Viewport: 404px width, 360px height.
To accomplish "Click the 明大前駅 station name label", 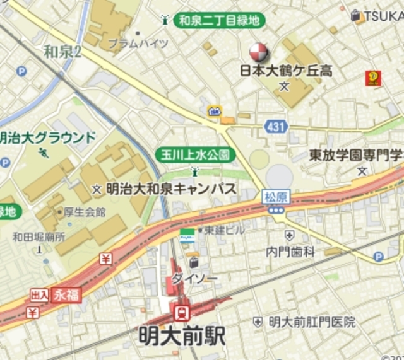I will pos(181,335).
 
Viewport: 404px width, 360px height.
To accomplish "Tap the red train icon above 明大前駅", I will pos(182,311).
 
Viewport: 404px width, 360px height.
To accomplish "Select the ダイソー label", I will pos(203,277).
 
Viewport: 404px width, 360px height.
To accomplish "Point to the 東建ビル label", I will pos(224,230).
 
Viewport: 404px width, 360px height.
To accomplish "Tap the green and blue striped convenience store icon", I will pos(187,236).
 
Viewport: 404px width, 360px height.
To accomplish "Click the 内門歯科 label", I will pos(290,251).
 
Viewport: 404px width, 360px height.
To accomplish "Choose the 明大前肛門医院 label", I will pos(312,322).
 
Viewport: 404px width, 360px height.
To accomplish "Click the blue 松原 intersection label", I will pos(275,197).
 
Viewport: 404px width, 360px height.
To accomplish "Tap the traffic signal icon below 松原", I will pos(275,210).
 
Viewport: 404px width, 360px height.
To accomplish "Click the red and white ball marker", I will pos(259,52).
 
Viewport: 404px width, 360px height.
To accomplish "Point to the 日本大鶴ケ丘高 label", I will pos(286,71).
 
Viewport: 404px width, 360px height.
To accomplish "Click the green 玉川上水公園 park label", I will pos(194,154).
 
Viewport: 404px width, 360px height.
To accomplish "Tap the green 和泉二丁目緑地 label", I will pos(219,20).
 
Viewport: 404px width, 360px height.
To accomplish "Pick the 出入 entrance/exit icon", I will pos(39,294).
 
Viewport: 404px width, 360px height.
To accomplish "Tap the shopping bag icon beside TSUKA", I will pos(356,15).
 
